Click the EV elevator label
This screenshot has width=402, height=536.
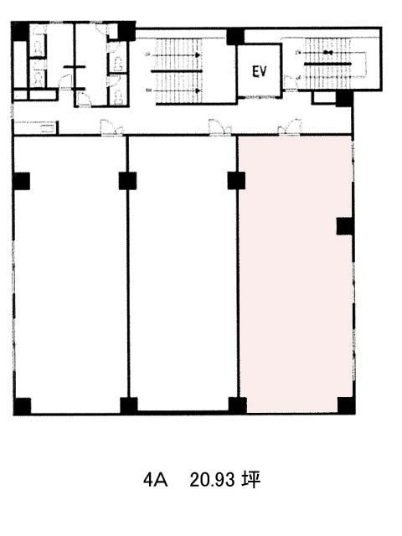[260, 72]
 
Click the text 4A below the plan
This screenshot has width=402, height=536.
[156, 481]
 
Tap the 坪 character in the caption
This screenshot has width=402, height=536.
[250, 481]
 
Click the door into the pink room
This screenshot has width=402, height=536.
[292, 127]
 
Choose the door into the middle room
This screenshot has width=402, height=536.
[219, 127]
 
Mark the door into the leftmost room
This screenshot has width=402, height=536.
[111, 127]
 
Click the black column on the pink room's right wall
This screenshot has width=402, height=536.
[345, 226]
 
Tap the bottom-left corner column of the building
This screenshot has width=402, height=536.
[22, 406]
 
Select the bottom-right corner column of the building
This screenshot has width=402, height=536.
[346, 405]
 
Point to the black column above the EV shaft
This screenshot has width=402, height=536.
[235, 36]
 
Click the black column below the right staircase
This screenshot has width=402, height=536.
[344, 99]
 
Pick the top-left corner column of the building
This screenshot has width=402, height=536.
[19, 31]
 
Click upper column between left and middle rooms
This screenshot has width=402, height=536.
[127, 180]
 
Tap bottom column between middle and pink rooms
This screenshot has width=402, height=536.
[237, 405]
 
